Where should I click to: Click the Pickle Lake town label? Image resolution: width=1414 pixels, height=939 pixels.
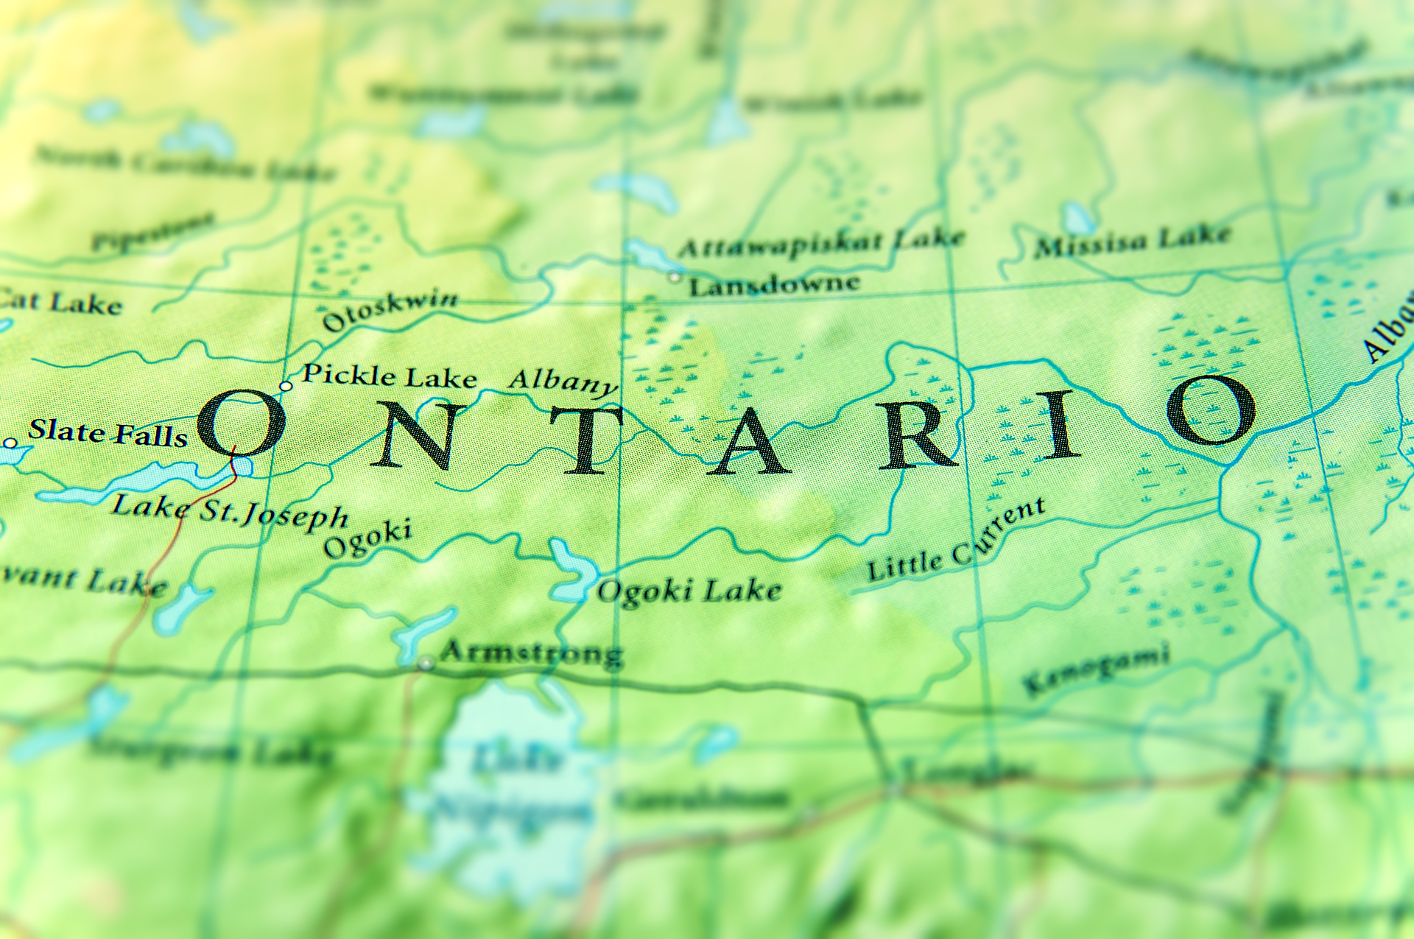(x=390, y=376)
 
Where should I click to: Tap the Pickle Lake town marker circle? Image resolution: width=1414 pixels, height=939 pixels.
(x=286, y=386)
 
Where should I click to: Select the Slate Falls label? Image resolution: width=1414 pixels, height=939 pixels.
(x=108, y=433)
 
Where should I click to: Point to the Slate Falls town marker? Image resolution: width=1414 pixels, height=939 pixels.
(x=10, y=443)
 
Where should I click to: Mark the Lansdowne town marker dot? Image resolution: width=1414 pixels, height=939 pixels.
(x=674, y=277)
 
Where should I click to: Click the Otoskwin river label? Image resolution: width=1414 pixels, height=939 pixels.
(x=390, y=309)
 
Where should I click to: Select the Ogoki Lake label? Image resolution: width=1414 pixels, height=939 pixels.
(x=689, y=591)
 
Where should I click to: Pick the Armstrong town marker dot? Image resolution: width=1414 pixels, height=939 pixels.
(x=426, y=663)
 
